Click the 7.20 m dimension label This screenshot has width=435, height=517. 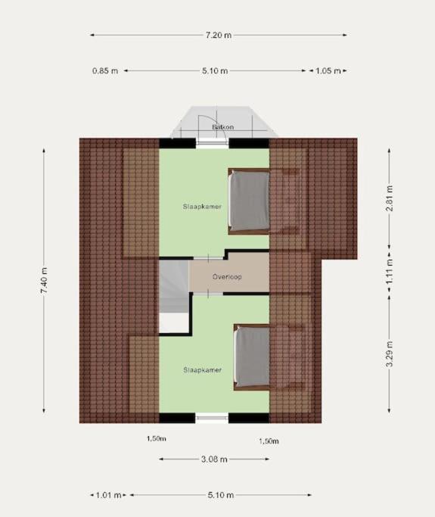click(219, 35)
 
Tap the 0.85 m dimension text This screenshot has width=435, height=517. click(105, 71)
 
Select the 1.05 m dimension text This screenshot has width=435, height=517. click(328, 71)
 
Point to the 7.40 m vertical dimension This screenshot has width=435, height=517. click(44, 281)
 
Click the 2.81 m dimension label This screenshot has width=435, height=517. click(390, 198)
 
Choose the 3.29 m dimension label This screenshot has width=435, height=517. click(390, 354)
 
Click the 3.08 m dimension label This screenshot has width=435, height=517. click(214, 459)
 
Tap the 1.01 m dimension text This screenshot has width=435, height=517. click(108, 495)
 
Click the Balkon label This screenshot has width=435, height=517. click(222, 127)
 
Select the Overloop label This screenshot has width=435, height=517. click(227, 276)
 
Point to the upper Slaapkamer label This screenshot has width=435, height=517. click(202, 207)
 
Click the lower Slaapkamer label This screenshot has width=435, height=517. click(202, 370)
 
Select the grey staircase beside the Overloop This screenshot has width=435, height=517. click(174, 286)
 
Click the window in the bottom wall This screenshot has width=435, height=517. click(212, 418)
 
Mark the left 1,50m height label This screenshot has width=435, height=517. click(156, 439)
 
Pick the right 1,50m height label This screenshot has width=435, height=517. click(269, 441)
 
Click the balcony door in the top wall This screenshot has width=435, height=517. click(213, 142)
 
